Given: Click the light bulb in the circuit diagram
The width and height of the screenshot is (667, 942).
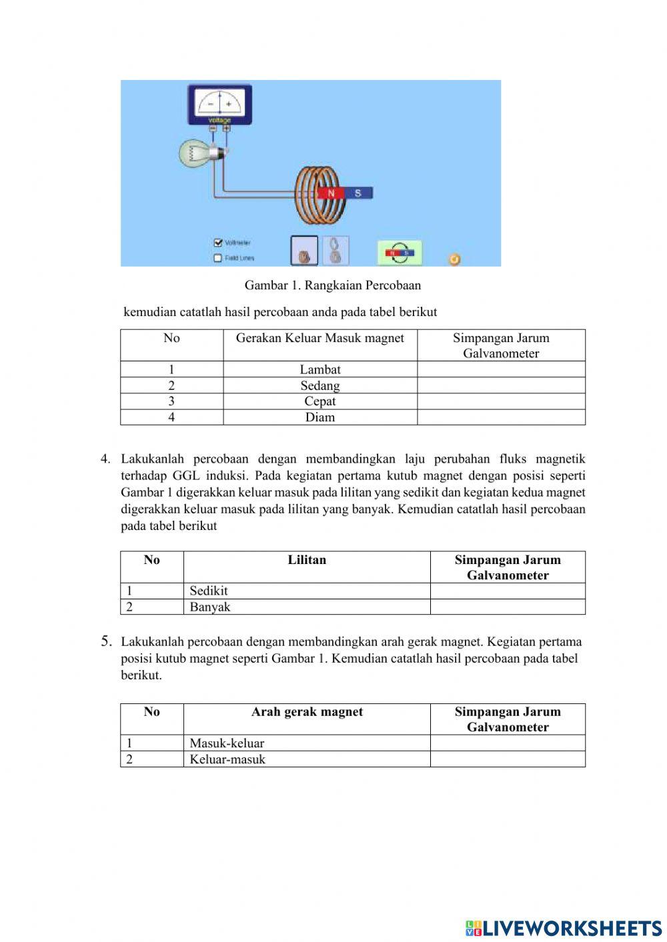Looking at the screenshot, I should click(197, 153).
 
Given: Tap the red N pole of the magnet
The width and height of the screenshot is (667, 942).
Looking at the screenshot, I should click(330, 193).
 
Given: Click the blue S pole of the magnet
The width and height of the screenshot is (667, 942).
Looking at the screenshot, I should click(358, 193).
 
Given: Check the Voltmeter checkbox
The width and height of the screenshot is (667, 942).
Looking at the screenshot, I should click(217, 243).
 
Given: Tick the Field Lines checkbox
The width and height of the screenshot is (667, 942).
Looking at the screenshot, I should click(217, 258).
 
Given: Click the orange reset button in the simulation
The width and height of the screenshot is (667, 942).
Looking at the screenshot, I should click(454, 259).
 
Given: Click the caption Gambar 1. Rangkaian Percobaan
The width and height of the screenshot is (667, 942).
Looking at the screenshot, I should click(332, 285).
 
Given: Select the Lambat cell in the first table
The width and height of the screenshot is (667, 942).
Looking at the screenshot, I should click(320, 369).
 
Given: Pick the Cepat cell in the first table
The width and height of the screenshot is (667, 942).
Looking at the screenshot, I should click(320, 401).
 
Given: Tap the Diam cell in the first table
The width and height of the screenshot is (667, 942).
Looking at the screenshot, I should click(320, 417).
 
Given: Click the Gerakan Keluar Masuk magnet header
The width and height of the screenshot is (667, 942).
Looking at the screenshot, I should click(320, 339).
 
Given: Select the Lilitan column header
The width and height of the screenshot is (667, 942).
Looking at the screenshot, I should click(307, 560).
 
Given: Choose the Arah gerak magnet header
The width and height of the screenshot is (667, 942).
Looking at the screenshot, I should click(307, 712).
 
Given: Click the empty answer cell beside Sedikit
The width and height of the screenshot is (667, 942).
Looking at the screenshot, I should click(507, 591).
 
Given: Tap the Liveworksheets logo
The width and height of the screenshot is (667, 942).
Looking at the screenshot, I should click(564, 927).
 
